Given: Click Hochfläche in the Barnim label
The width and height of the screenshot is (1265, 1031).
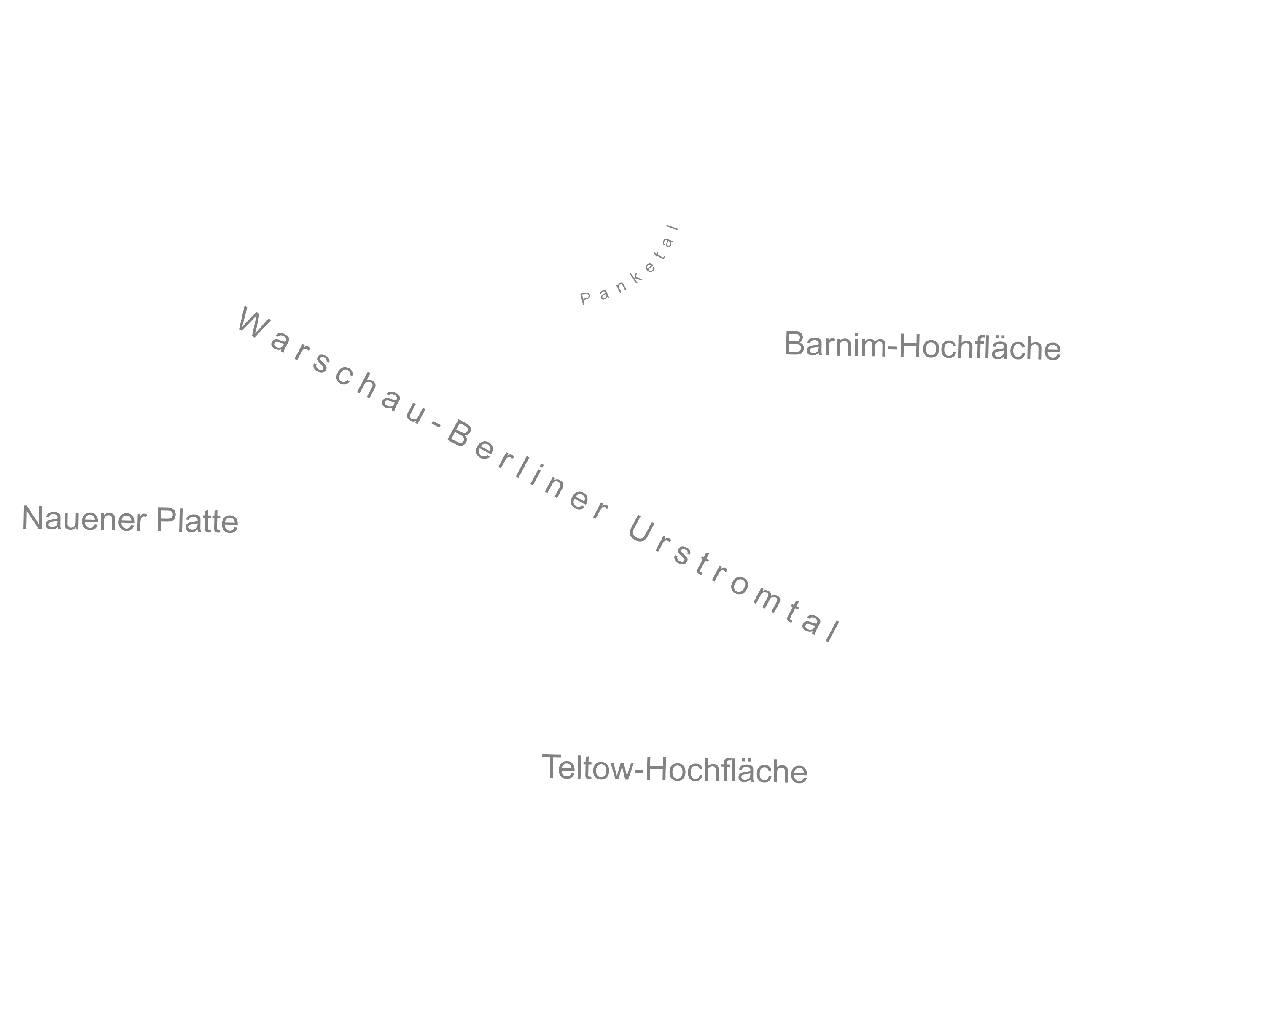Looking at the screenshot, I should pos(980,347).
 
